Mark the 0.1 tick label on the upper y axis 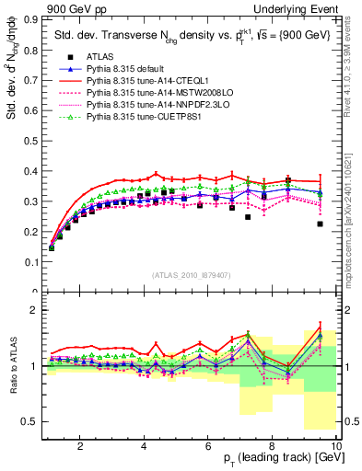[29, 262]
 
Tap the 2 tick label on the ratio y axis [33, 310]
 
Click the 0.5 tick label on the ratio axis [29, 421]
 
